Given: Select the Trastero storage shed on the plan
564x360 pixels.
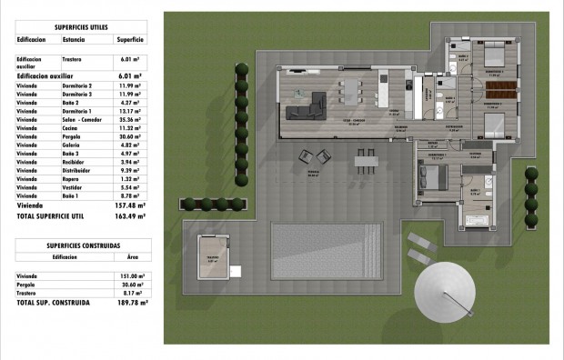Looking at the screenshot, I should point(212,258).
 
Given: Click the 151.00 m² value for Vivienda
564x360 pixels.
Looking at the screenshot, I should point(133,275).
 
